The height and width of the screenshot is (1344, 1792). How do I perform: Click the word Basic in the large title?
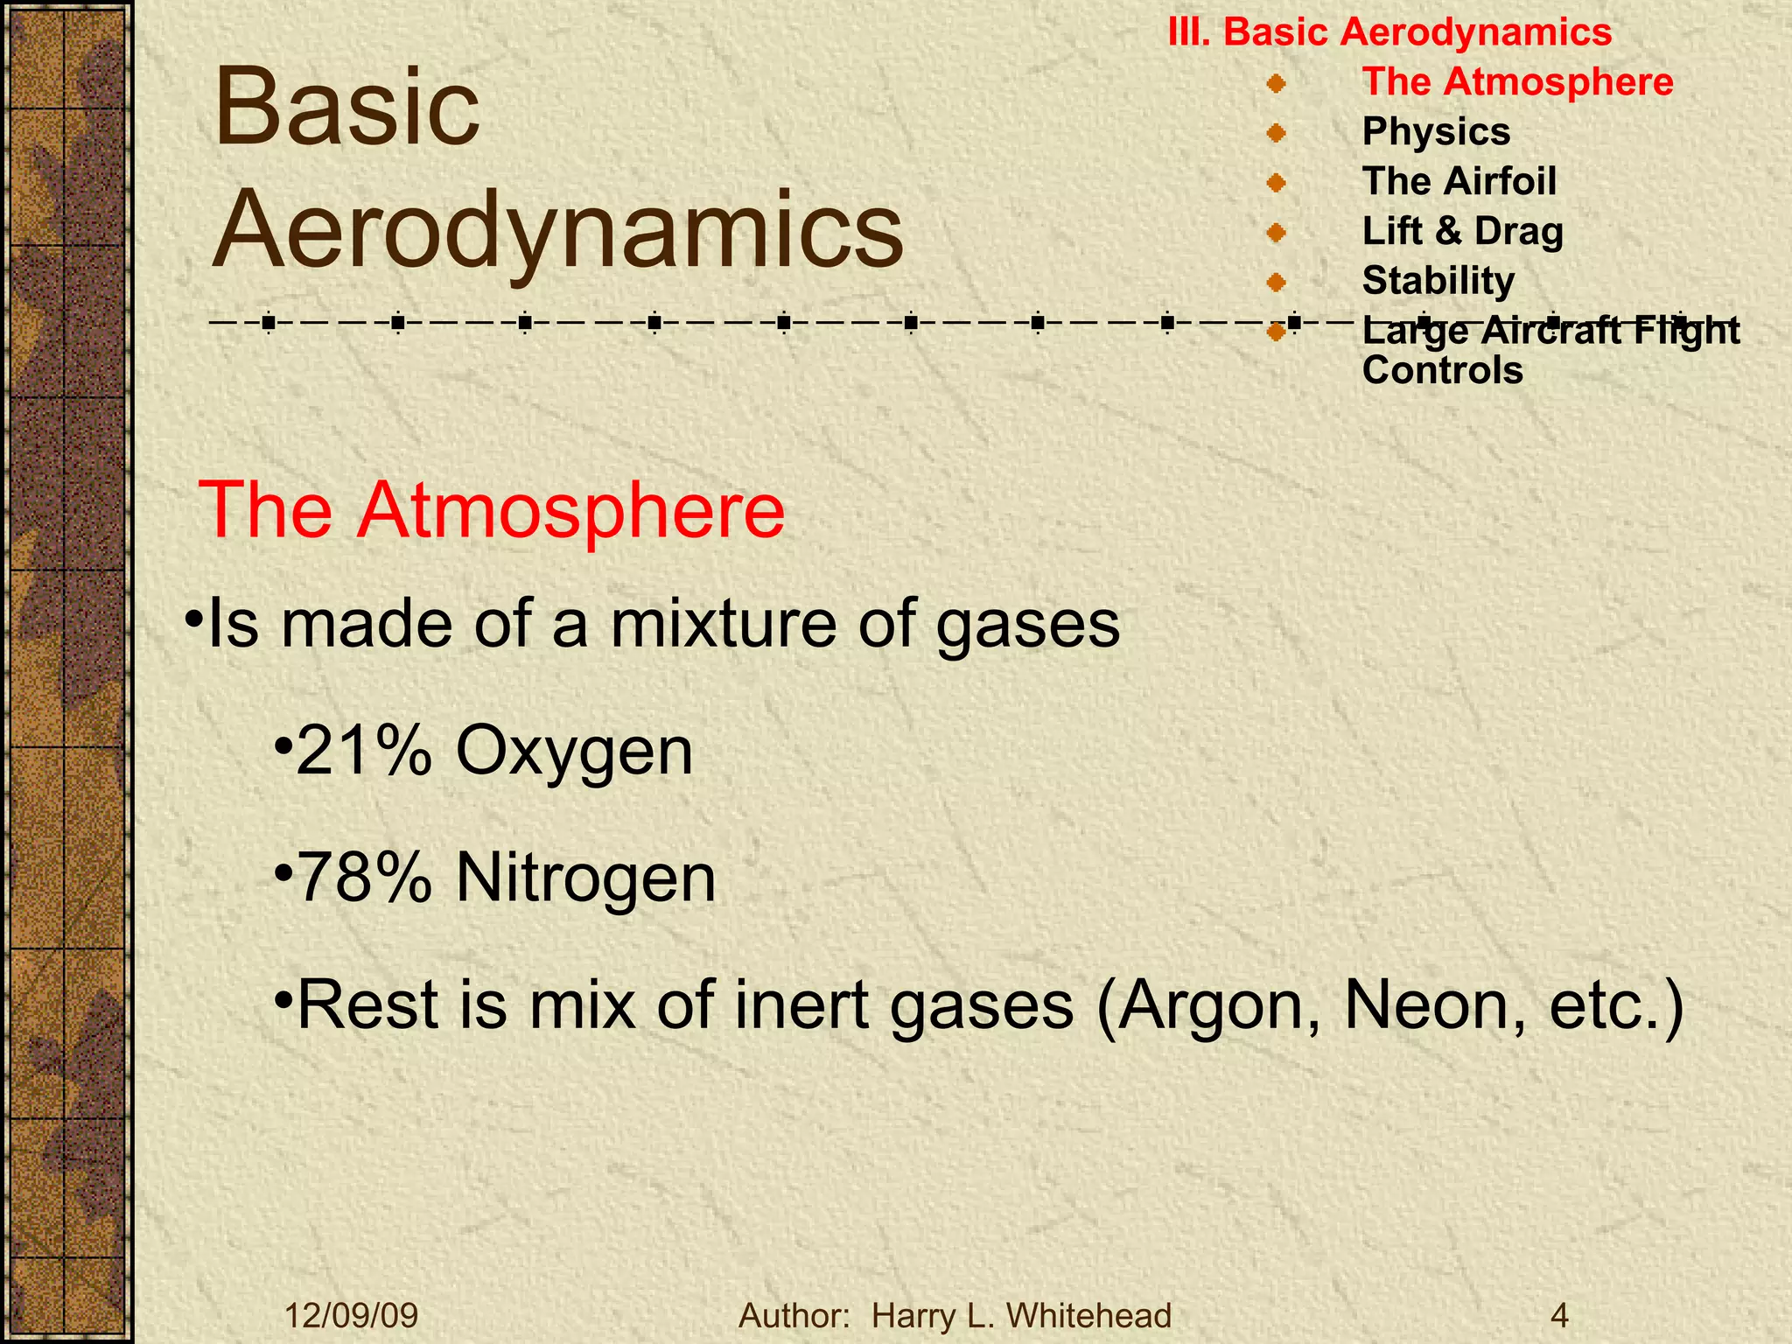tap(346, 108)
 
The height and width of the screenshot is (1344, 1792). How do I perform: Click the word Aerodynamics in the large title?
tap(557, 229)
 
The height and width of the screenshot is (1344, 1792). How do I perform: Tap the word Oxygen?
tap(574, 751)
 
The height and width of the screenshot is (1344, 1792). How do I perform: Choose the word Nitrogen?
tap(585, 878)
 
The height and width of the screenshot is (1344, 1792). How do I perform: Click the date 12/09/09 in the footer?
tap(352, 1315)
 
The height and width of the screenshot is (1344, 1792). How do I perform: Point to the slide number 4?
tap(1558, 1315)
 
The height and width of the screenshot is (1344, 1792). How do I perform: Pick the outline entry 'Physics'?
tap(1436, 132)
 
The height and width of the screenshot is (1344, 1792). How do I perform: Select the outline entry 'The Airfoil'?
tap(1459, 182)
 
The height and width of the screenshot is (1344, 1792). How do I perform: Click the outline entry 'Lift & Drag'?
tap(1462, 232)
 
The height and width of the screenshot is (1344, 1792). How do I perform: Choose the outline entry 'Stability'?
tap(1438, 281)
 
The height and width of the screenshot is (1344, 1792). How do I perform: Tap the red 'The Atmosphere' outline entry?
tap(1517, 82)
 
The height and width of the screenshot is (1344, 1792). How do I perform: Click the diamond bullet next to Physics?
tap(1276, 133)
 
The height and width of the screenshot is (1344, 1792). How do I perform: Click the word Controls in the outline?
tap(1442, 371)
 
